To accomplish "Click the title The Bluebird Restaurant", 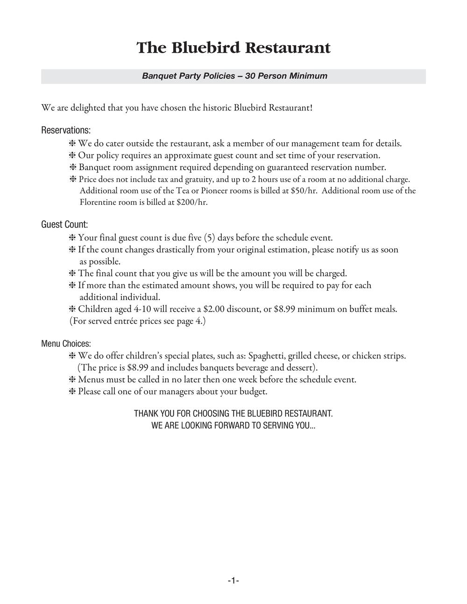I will pos(233,48).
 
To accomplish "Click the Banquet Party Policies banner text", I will pos(234,76).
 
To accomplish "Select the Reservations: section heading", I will pos(66,130).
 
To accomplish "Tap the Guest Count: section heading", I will pos(64,225).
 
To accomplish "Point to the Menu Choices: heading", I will pos(66,344).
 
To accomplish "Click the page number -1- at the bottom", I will pos(233,581).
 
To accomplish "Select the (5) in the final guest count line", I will pos(210,238).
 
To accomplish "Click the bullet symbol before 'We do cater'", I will pos(72,144).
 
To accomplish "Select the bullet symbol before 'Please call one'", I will pos(72,392).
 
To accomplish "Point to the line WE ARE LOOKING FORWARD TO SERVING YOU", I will pos(233,426).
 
